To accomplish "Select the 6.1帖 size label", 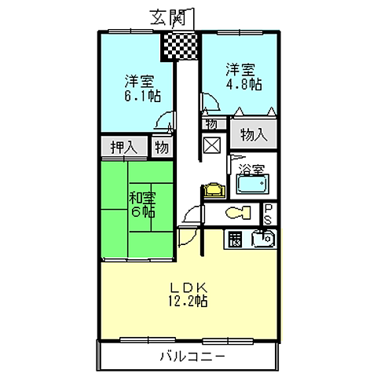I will tap(140, 97).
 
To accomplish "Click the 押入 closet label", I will tap(123, 147).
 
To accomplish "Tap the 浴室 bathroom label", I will tap(251, 168).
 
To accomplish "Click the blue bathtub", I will tap(252, 186).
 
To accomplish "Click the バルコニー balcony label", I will tap(193, 356).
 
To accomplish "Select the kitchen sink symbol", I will tap(262, 239).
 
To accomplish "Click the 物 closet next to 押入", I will tap(160, 147).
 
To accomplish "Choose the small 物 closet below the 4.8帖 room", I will tap(211, 124).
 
